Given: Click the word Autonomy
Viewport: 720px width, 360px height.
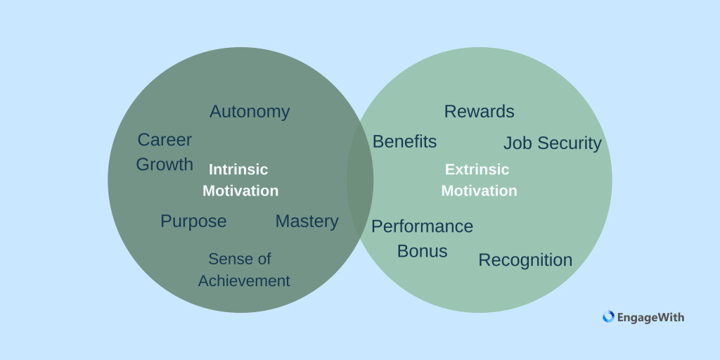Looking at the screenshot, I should [250, 112].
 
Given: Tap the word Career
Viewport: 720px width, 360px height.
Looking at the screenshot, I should [165, 140].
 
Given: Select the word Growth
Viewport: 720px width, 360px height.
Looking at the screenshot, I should [165, 165].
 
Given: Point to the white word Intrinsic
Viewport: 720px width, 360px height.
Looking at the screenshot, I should [238, 169].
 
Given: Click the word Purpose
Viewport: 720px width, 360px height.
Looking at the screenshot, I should [193, 221].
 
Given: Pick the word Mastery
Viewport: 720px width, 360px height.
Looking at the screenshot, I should [307, 221].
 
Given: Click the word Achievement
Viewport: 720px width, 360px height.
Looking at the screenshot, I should [244, 281].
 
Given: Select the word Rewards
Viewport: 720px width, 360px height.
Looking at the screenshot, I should [479, 112].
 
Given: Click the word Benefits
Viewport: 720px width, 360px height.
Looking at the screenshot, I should [404, 141].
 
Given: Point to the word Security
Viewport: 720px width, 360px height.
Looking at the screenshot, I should [568, 143].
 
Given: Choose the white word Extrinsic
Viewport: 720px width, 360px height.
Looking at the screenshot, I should [477, 169].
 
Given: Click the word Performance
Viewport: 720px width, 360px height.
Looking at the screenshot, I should [422, 227].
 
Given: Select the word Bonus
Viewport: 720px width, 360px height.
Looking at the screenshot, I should [422, 251].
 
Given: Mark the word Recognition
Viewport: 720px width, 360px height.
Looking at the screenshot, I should [525, 260].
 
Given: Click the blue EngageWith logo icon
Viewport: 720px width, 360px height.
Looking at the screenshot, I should [608, 317].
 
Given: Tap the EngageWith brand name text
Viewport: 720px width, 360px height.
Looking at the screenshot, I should [650, 318].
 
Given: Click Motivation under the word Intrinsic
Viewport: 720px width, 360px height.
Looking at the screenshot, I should [240, 191].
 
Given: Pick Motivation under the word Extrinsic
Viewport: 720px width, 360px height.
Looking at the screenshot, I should [479, 191].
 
